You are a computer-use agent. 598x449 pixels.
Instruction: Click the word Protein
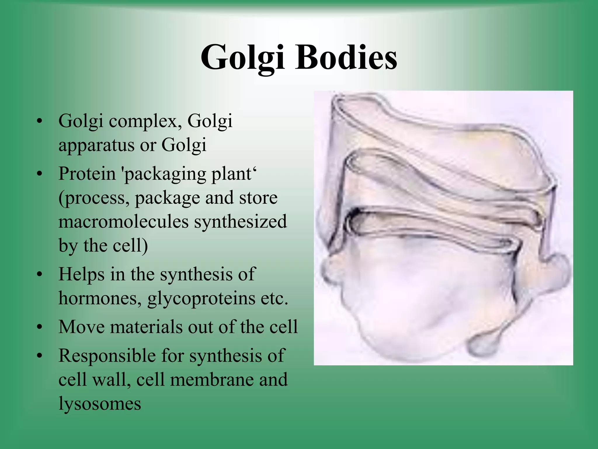point(87,174)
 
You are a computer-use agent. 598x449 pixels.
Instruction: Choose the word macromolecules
point(124,222)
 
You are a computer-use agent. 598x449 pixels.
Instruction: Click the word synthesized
point(241,222)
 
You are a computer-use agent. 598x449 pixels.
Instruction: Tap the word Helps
point(81,275)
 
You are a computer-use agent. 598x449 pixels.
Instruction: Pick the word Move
point(81,327)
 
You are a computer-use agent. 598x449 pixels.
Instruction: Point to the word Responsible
point(107,356)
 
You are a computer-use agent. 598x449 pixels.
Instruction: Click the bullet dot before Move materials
point(40,327)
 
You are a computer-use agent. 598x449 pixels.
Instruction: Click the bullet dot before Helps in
point(40,275)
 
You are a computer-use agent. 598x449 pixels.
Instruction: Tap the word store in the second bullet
point(258,198)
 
